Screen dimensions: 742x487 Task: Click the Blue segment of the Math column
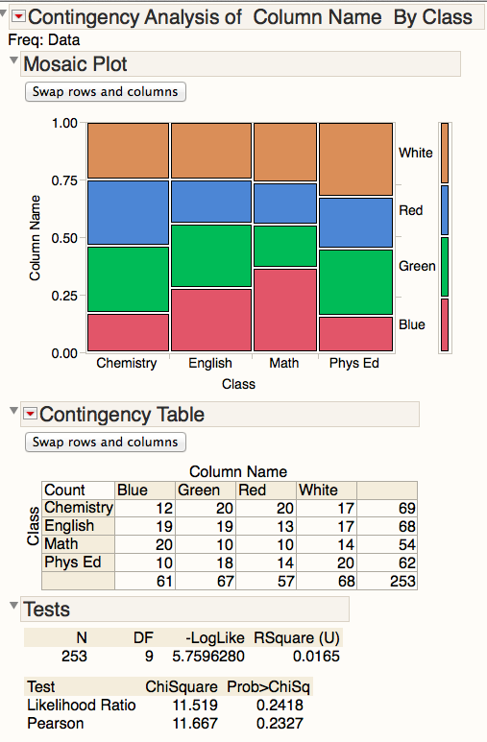click(x=285, y=310)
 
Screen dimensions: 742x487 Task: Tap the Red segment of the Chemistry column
click(x=128, y=212)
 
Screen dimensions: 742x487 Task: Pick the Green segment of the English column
click(x=211, y=255)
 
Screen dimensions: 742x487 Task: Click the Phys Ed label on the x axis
click(x=353, y=364)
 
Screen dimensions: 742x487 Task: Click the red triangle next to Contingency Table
click(x=30, y=414)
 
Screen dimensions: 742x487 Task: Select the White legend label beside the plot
click(x=416, y=153)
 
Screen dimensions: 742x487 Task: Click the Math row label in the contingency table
click(x=62, y=544)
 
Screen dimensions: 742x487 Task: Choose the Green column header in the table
click(x=199, y=490)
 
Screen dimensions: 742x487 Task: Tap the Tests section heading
click(x=46, y=610)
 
